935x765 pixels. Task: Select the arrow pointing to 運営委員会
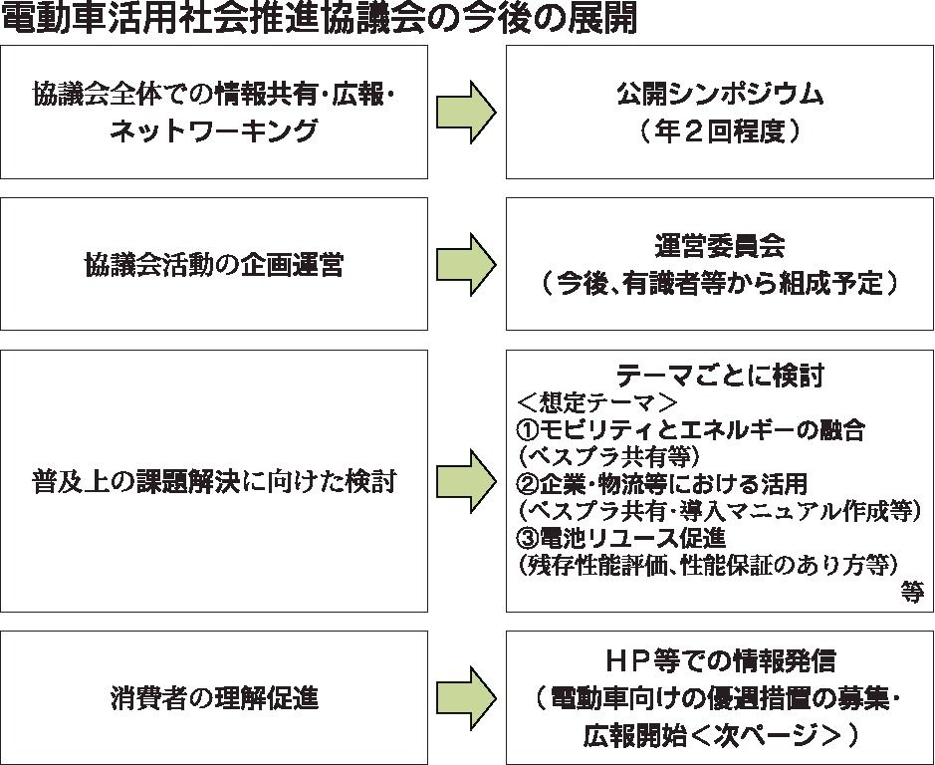pyautogui.click(x=467, y=263)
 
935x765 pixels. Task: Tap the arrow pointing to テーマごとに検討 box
pyautogui.click(x=467, y=480)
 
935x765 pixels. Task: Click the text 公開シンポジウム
pyautogui.click(x=720, y=95)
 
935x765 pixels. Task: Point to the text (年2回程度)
pyautogui.click(x=720, y=132)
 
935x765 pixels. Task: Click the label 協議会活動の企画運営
pyautogui.click(x=214, y=265)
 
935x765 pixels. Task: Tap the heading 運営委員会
pyautogui.click(x=720, y=246)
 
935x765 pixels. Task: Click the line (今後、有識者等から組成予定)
pyautogui.click(x=720, y=284)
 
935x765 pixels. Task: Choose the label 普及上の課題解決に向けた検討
pyautogui.click(x=214, y=482)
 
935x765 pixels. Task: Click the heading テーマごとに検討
pyautogui.click(x=720, y=376)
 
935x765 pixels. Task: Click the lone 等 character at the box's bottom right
pyautogui.click(x=912, y=592)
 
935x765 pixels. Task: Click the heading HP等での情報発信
pyautogui.click(x=720, y=660)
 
